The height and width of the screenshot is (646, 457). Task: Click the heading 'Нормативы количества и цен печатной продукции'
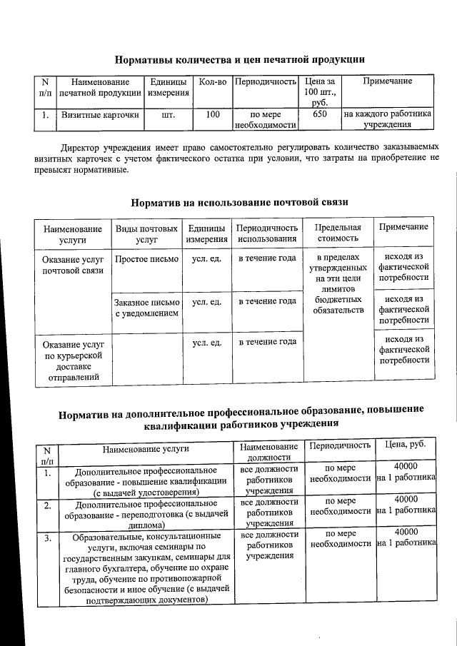coord(241,59)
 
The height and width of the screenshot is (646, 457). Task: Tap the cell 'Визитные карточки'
coord(101,114)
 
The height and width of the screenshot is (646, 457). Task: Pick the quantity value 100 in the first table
coord(213,114)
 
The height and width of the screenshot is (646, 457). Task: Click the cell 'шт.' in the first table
coord(169,114)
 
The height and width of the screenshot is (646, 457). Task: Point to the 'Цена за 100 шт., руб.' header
coord(320,92)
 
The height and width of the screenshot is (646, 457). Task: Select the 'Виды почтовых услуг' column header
coord(146,233)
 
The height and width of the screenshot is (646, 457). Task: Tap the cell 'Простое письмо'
coord(146,259)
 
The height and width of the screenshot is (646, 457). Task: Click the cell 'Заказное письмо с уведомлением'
coord(146,308)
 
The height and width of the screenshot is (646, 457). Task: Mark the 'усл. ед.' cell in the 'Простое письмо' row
coord(206,259)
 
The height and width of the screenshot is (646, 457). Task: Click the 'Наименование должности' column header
coord(267,451)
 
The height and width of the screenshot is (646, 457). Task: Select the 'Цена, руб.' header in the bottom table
coord(406,445)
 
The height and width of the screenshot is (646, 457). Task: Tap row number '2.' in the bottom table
coord(46,506)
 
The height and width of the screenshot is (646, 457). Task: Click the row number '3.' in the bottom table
coord(46,538)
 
